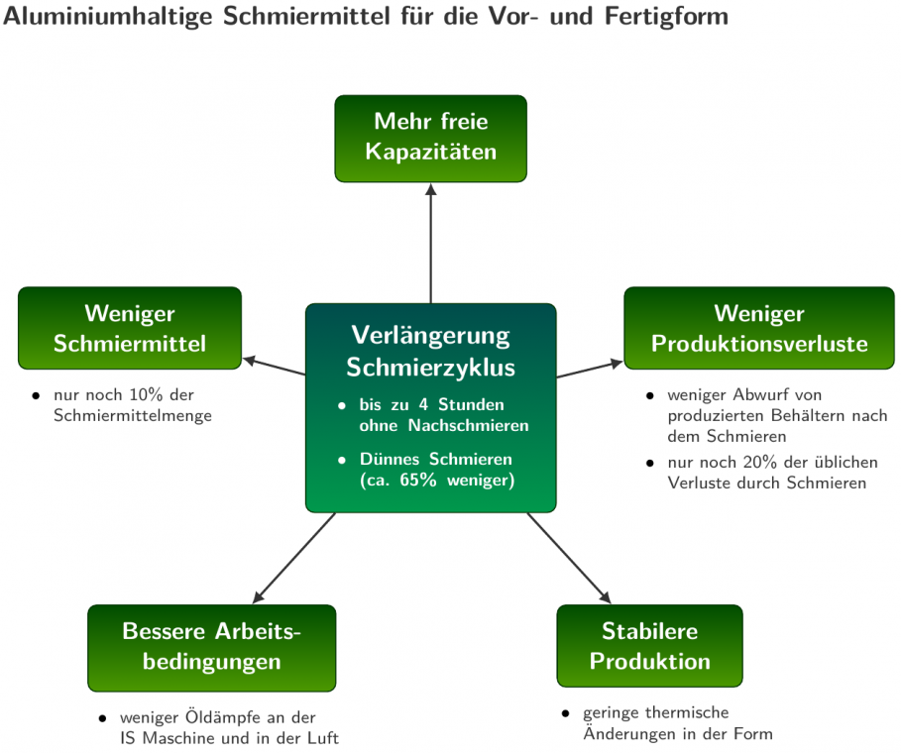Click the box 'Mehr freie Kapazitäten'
tap(430, 139)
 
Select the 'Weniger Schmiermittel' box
tap(130, 328)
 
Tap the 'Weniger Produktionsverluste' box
tap(759, 328)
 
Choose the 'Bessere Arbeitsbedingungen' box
tap(211, 648)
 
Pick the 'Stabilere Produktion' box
tap(649, 646)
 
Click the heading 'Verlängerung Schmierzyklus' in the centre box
tap(430, 351)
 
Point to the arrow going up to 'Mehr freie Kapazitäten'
tap(430, 243)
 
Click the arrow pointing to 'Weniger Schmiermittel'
tap(275, 367)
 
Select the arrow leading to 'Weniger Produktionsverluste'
tap(590, 370)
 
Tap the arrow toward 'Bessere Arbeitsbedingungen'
tap(293, 558)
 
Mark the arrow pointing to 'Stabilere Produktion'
tap(570, 558)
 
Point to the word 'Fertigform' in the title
tap(666, 17)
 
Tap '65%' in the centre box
tap(417, 480)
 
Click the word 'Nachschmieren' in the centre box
tap(468, 426)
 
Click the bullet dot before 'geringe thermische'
tap(565, 713)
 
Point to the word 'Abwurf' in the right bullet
tap(757, 394)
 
